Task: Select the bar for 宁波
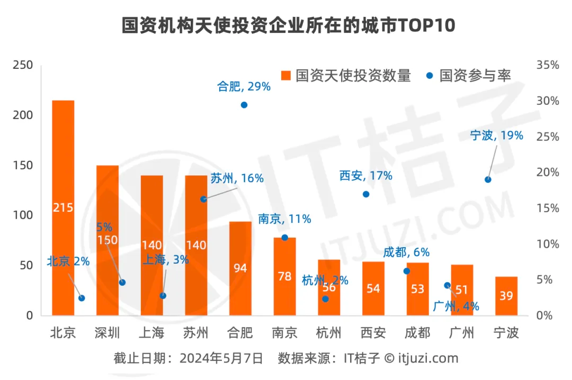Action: [506, 296]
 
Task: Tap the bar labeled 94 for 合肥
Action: [240, 268]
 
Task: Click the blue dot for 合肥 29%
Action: [244, 105]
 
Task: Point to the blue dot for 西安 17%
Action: [365, 194]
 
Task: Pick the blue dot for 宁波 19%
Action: [488, 179]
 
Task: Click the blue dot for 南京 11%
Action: [284, 238]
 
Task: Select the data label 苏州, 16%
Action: [237, 178]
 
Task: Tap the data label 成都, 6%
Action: [407, 252]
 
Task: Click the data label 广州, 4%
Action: [456, 306]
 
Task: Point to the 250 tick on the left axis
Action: [23, 65]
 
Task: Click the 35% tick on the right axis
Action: [548, 65]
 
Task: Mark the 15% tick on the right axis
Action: [548, 209]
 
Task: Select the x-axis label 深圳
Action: [108, 333]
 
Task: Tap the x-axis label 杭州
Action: [329, 333]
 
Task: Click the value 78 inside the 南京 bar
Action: [284, 276]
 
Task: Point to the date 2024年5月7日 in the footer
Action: [221, 358]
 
